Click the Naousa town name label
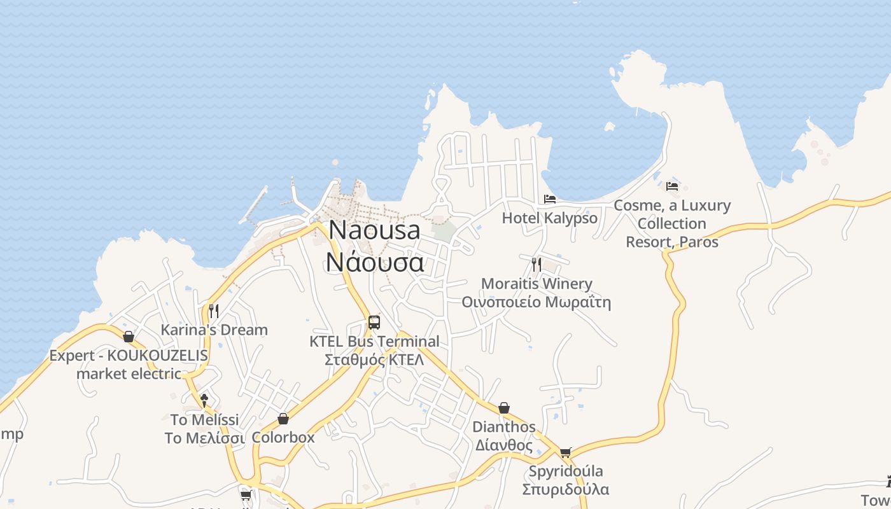375,230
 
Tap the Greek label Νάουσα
375,261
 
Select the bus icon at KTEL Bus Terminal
374,323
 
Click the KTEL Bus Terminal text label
374,342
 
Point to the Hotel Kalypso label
550,218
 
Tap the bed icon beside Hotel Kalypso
550,199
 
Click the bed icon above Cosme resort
672,186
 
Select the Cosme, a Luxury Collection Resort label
672,224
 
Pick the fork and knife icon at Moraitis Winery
537,264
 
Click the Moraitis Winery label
537,284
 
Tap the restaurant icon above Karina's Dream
214,310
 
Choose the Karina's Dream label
214,330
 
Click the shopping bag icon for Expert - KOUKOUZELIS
129,337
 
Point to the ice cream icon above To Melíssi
204,400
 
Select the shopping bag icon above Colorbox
283,419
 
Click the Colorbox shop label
283,438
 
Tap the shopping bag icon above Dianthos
504,408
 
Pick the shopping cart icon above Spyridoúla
565,453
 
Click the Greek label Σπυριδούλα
565,489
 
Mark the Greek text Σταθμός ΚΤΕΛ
374,360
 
